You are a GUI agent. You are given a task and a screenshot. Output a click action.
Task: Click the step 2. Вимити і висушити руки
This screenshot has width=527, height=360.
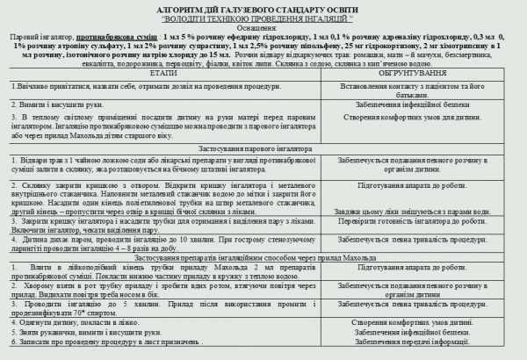pyautogui.click(x=70, y=103)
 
